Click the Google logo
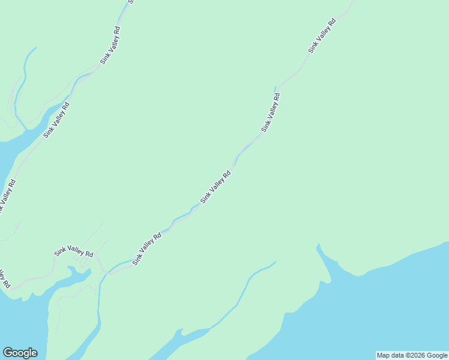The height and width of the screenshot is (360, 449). coord(20,353)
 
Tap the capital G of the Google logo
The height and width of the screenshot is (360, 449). coord(8,353)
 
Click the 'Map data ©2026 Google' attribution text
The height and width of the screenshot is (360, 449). coord(412,355)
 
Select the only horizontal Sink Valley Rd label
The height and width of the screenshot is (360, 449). coord(74,253)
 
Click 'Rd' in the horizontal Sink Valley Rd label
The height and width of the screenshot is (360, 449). coord(89,254)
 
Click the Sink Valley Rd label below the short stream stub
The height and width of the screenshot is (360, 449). coord(271,112)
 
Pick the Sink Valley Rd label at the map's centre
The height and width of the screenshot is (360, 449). coord(216,187)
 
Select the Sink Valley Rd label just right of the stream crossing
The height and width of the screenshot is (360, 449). coord(147,248)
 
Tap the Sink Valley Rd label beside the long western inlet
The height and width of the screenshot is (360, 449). coord(56,120)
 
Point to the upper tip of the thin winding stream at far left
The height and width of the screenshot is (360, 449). coord(35,47)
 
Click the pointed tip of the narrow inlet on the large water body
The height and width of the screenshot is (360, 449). coord(318,244)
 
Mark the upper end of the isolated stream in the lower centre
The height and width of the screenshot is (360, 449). coord(275,262)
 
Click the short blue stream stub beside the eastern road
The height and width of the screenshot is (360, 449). coord(276,89)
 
